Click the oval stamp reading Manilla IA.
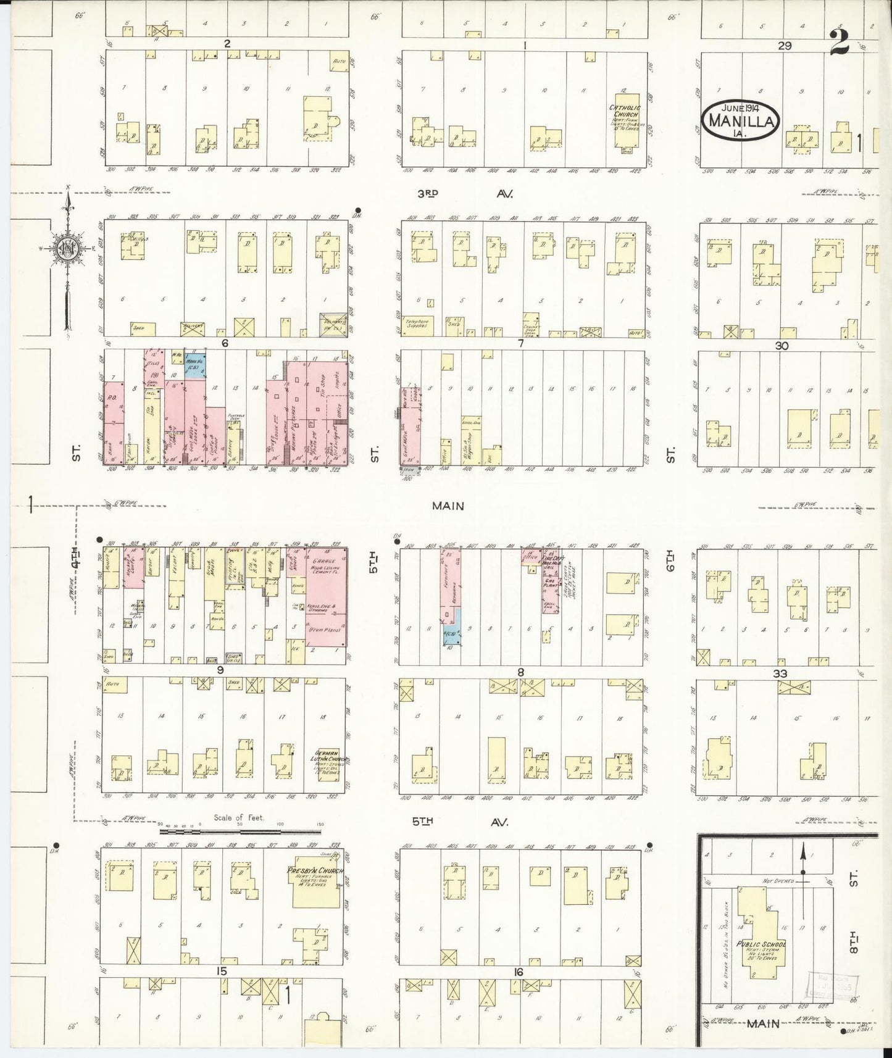coord(740,119)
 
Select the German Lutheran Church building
coord(331,764)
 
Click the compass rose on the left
coord(67,249)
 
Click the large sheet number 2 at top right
coord(841,43)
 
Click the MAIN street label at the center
coord(448,506)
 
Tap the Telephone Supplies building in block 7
coord(418,325)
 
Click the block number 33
coord(780,673)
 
